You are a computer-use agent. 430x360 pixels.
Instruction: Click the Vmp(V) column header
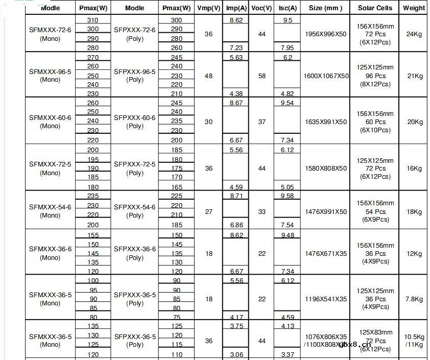tap(208, 8)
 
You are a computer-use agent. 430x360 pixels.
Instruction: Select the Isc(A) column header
tap(287, 8)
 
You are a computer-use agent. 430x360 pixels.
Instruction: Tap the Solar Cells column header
tap(375, 8)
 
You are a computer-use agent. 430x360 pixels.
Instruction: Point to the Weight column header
tap(414, 8)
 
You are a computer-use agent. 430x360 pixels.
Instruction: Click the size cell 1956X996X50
tap(325, 34)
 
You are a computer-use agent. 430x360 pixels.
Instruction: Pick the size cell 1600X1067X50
tap(326, 76)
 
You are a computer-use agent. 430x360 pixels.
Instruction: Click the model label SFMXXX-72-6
tap(50, 30)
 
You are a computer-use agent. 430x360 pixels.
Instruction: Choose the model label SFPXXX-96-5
tap(135, 72)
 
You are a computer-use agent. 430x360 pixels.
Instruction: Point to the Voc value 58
tap(262, 76)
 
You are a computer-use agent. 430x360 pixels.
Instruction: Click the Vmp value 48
tap(208, 76)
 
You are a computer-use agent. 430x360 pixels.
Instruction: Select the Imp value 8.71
tap(236, 196)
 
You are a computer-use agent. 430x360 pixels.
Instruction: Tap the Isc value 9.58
tap(287, 196)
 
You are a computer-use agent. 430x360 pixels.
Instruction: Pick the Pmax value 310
tap(92, 20)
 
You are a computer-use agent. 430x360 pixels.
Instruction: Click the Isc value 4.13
tap(287, 326)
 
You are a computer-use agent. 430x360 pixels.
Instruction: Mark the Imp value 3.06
tap(236, 355)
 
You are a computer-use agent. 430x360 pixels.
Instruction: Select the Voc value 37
tap(262, 122)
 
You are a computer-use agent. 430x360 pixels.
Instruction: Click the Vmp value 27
tap(208, 212)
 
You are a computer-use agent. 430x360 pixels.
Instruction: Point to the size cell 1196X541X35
tap(325, 299)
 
